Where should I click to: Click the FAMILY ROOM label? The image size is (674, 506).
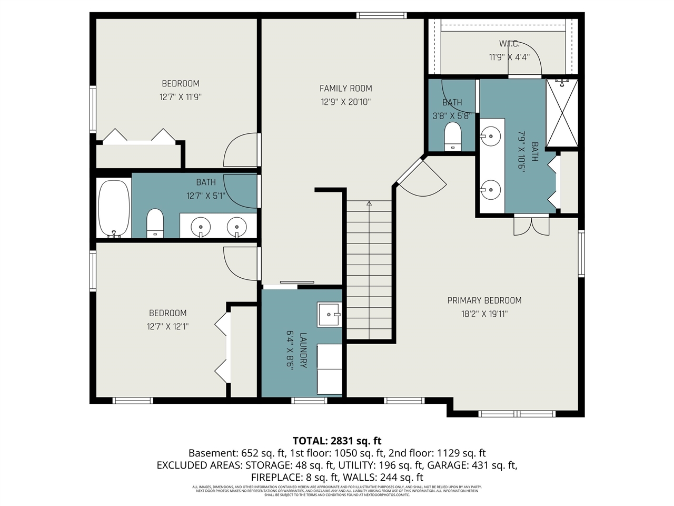coord(345,89)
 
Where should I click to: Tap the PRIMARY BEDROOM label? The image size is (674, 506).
coord(484,300)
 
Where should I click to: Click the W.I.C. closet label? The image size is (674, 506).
coord(509,44)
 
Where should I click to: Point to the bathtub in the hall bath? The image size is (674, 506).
coord(114,209)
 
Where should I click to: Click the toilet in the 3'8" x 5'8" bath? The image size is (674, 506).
coord(452,136)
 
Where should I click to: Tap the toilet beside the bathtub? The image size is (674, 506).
coord(155,223)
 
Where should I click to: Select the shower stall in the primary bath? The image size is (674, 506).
coord(562,113)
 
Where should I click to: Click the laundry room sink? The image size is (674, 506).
coord(330,315)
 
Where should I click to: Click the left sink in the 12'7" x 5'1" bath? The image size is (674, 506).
coord(201,227)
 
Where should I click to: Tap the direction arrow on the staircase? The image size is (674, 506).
coord(369,203)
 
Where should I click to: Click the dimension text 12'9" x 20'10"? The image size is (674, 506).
coord(345,102)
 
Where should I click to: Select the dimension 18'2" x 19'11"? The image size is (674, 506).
coord(484,314)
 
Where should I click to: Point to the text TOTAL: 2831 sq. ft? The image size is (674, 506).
coord(337,441)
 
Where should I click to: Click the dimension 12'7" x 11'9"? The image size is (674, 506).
coord(181,97)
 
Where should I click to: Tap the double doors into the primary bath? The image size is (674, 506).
coord(531,225)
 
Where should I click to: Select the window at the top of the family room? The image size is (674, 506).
coord(381,15)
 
